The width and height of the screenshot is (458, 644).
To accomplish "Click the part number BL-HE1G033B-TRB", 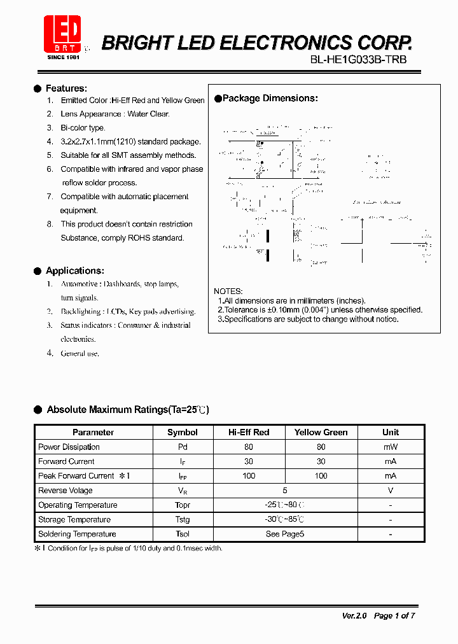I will pos(358,60).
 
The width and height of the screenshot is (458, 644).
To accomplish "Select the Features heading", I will pos(66,88).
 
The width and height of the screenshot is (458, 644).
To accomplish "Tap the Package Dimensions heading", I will pos(270,99).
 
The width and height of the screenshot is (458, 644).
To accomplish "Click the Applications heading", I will pos(74,270).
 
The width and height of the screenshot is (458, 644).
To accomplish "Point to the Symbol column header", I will pos(182,432).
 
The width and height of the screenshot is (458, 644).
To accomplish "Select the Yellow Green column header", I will pos(321,432).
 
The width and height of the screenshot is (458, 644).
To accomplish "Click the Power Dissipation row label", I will pos(69,447).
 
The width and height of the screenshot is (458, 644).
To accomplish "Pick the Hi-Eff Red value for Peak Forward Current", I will pos(249,476).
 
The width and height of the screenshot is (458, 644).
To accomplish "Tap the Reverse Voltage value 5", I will pos(285,491).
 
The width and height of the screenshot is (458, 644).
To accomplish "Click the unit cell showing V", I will pos(391,491).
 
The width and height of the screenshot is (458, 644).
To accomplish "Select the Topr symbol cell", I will pos(183,505).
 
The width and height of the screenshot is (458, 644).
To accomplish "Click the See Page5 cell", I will pos(285,534).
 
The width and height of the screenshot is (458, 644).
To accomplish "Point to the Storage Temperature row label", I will pos(74,519).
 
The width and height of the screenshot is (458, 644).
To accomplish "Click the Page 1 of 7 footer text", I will pos(394,615).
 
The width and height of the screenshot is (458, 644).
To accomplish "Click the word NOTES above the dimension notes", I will pos(228,291).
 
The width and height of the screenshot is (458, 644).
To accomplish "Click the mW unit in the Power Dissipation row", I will pos(391,447).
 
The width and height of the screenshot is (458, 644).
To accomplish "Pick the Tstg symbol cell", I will pos(183,519).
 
